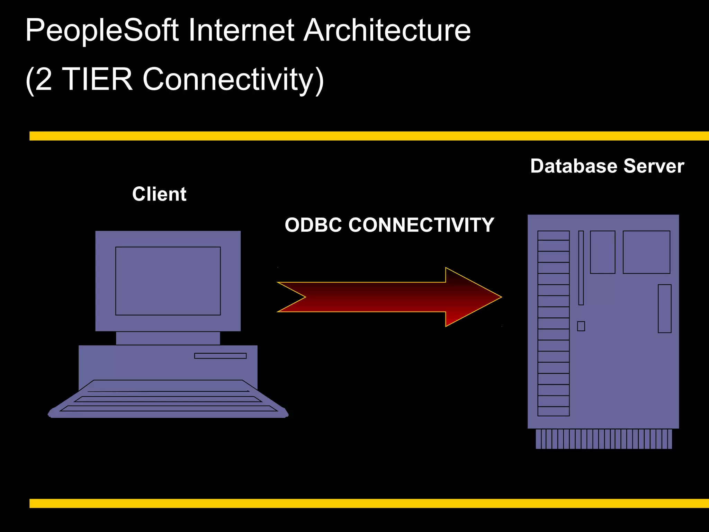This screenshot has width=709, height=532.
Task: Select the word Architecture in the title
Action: coord(387,30)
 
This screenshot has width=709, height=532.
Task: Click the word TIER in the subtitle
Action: coord(98,79)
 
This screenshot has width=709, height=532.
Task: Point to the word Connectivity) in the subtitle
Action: coord(233,80)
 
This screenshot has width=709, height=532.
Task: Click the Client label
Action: coord(159,194)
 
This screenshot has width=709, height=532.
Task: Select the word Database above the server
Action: coord(574,166)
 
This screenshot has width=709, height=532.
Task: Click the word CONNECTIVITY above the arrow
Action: coord(421,225)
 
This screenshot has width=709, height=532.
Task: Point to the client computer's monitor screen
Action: coord(168,281)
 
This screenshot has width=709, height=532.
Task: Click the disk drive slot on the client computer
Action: coord(220,356)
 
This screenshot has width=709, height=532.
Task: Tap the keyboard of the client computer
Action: coord(168,400)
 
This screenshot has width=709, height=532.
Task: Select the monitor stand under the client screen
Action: coord(168,338)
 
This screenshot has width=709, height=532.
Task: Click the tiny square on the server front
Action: coord(581,326)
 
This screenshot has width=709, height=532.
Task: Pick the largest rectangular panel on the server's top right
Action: coord(646,252)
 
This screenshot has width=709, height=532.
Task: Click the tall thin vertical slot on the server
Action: coord(581,268)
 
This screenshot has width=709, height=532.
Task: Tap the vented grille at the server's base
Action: coord(604,439)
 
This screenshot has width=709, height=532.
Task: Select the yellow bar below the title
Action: coord(369,136)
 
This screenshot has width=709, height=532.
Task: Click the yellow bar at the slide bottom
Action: coord(369,503)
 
